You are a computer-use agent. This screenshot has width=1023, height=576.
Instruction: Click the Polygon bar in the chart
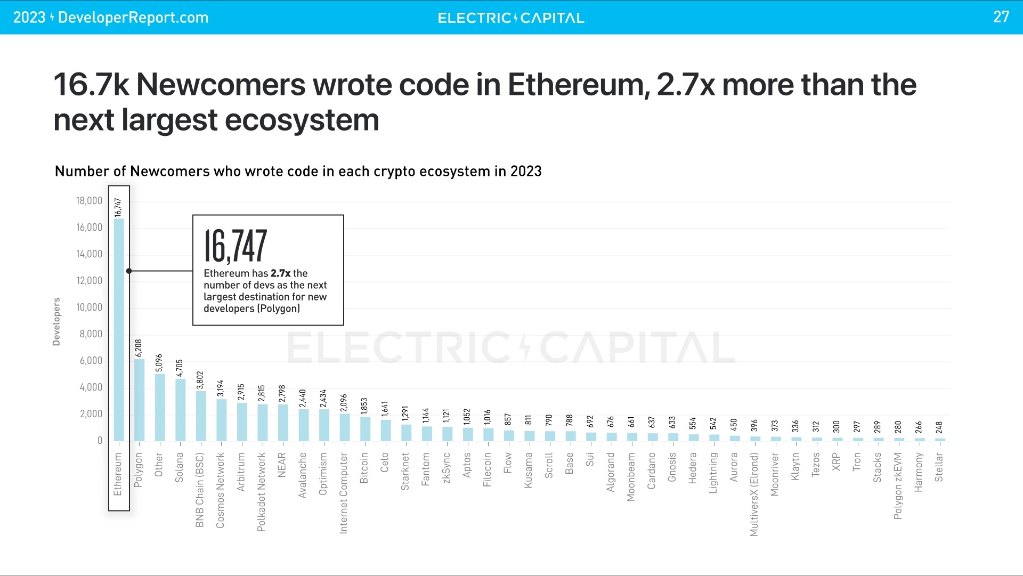point(139,400)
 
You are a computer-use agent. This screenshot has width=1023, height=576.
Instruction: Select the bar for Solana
point(180,410)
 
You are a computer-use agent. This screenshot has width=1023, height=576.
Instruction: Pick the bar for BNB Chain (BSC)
point(201,416)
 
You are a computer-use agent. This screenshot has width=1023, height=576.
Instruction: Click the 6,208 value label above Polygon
point(139,347)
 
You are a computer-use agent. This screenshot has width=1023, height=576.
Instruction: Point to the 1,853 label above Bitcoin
point(364,407)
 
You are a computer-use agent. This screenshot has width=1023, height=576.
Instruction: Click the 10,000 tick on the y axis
point(89,307)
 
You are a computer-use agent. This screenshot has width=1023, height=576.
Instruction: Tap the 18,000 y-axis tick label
point(89,201)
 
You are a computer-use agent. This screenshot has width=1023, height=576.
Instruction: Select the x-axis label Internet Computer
point(344,493)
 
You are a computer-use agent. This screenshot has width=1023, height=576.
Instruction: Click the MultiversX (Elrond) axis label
point(754,494)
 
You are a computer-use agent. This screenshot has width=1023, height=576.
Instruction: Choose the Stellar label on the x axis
point(939,467)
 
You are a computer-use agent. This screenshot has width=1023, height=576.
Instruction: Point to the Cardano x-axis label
point(652,470)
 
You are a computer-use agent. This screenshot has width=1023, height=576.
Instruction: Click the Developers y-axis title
point(56,321)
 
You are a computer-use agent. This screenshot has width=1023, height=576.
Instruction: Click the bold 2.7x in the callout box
point(280,273)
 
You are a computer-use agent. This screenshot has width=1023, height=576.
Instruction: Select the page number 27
point(1001,17)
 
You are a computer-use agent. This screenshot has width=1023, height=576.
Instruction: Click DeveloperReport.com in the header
point(133,18)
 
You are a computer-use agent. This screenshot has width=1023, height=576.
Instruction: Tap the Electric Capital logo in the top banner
point(511,18)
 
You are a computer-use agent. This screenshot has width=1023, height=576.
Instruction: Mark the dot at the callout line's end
point(129,271)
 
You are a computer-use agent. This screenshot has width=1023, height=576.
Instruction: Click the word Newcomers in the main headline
point(220,85)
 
